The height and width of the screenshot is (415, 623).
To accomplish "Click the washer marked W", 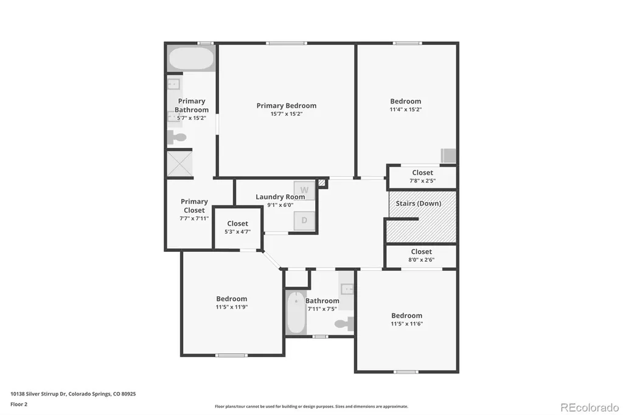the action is (x=304, y=190).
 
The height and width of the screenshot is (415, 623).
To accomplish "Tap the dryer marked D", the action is (x=304, y=220).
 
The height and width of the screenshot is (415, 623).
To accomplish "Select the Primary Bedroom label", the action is (x=287, y=106).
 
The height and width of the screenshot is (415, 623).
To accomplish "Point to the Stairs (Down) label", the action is (x=419, y=203).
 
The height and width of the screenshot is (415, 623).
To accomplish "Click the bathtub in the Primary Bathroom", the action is (x=191, y=58).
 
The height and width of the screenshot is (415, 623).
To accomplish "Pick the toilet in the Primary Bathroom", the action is (x=177, y=137).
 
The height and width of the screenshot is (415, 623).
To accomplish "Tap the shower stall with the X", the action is (x=179, y=163).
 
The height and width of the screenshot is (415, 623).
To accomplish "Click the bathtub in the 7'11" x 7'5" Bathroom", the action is (x=296, y=312).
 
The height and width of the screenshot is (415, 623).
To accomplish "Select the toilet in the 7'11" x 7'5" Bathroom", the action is (x=344, y=324).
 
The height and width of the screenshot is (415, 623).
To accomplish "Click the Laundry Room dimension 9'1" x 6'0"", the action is (x=280, y=205).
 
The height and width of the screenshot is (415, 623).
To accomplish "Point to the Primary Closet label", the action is (x=194, y=206).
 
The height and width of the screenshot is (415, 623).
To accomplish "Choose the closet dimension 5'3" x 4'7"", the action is (x=238, y=232).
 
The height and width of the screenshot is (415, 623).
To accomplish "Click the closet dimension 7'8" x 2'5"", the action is (x=422, y=181).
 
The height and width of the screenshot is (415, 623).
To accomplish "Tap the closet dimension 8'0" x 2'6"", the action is (x=422, y=260).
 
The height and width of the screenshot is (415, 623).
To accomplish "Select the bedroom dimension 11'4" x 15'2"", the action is (x=406, y=110).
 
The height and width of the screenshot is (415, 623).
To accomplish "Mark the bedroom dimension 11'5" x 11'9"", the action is (x=232, y=307).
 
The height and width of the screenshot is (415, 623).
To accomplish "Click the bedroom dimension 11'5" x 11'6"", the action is (x=407, y=324).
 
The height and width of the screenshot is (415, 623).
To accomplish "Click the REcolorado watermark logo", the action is (x=590, y=408).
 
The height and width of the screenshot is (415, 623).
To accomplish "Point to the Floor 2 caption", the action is (x=19, y=404).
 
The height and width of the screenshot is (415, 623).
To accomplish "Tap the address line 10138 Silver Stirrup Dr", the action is (x=38, y=394).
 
